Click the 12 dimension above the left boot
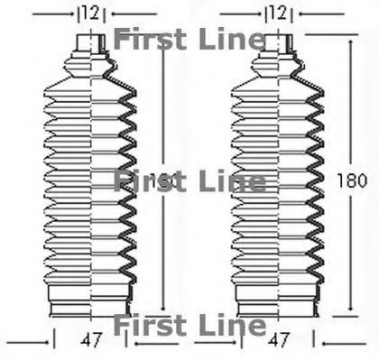tap(90, 14)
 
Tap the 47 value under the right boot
tap(279, 340)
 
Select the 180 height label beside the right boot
tap(352, 180)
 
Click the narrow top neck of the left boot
tap(90, 43)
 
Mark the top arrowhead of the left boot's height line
tap(162, 41)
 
